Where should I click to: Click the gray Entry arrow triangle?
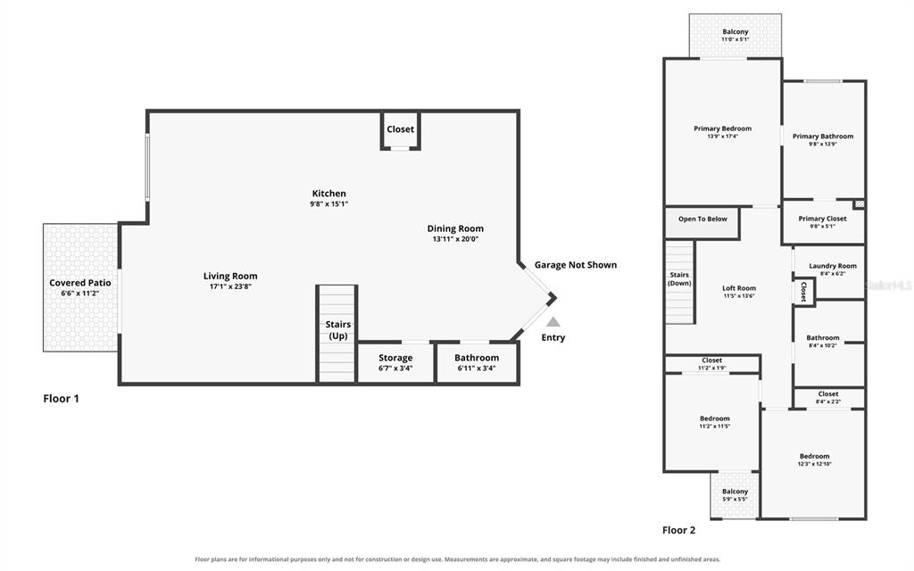(553, 321)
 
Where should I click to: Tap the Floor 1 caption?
(61, 399)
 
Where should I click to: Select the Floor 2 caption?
(678, 530)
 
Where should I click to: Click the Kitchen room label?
(328, 194)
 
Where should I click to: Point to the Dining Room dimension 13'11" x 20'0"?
(455, 239)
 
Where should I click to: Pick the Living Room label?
(230, 277)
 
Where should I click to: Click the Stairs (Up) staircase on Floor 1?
(337, 334)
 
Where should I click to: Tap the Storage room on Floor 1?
(395, 363)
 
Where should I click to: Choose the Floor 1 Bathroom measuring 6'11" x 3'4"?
(477, 363)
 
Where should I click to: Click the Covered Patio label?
(79, 283)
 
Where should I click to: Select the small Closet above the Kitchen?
(401, 130)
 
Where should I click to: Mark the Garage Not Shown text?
(576, 265)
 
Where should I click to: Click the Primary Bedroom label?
(722, 128)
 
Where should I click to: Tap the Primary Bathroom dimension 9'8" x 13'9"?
(822, 144)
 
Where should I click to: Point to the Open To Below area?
(702, 222)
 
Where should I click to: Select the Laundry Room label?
(833, 266)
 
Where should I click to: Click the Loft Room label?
(739, 288)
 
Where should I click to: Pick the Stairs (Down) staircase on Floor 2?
(679, 282)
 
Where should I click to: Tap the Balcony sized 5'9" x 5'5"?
(735, 495)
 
